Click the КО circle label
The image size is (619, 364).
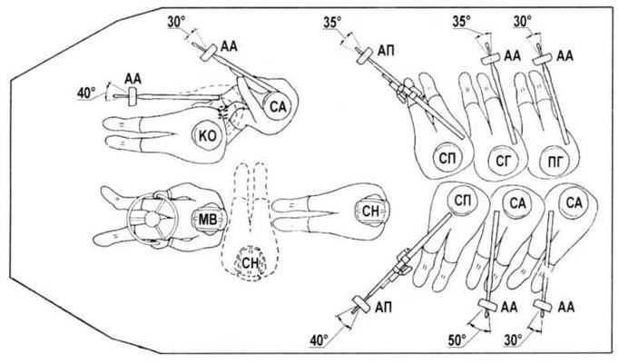coord(208,136)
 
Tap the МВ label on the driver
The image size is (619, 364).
coord(208,219)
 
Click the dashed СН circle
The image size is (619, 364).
coord(250,262)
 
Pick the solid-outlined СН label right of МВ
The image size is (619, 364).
coord(370,212)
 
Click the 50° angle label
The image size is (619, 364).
coord(457,339)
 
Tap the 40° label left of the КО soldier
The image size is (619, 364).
coord(86,93)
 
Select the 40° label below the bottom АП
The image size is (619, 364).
coord(319,339)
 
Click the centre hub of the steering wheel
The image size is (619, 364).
coord(152,219)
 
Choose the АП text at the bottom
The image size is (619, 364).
coord(384,307)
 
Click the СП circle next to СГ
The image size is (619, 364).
coord(448,159)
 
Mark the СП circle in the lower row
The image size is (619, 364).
coord(462,200)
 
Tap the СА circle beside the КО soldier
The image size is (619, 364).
coord(278,106)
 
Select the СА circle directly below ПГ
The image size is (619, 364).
coord(574,203)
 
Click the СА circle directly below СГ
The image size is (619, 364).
coord(517,203)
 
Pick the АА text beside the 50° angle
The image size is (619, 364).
coord(509,307)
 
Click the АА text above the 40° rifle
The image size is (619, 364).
coord(133,79)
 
